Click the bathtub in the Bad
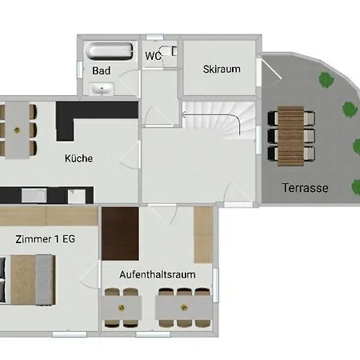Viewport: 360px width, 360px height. point(109,51)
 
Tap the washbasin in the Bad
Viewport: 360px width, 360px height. point(102,89)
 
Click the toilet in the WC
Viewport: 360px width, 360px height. point(169,51)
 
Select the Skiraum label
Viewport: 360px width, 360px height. point(222,69)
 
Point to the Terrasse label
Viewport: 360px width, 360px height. point(306,188)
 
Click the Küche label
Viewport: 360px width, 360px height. point(78,158)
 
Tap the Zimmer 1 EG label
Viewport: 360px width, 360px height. point(46,239)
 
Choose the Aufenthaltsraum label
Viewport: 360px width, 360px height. point(158,274)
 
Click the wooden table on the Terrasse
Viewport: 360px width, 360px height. point(290,136)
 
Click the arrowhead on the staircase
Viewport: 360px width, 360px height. point(183,115)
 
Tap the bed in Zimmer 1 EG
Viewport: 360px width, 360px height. point(28,280)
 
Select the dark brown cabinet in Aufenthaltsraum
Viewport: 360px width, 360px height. point(120,234)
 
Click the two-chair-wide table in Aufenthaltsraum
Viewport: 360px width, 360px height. point(122,307)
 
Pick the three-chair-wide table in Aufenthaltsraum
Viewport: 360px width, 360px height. point(184,307)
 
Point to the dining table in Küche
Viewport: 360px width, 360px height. point(17,130)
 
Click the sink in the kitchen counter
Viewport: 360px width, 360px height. point(34,195)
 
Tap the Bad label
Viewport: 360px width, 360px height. point(102,70)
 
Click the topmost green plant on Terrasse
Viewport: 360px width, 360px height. point(326,79)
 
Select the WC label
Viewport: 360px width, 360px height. point(153,56)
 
